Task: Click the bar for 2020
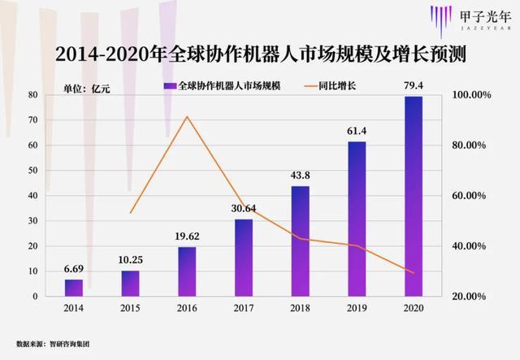tap(414, 197)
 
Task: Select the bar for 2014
tap(74, 288)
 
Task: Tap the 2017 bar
tap(244, 258)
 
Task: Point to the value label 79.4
tap(414, 87)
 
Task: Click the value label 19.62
tap(188, 237)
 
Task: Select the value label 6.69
tap(74, 270)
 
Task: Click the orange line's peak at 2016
tap(188, 116)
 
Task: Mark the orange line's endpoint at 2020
tap(414, 273)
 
